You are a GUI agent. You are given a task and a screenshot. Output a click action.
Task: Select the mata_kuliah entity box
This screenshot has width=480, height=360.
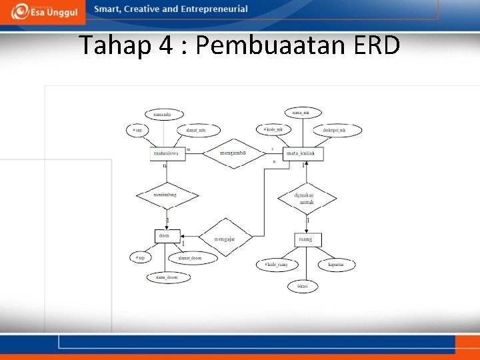click(x=303, y=154)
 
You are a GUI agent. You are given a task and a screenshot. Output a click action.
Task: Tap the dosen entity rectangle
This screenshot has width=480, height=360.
click(x=167, y=235)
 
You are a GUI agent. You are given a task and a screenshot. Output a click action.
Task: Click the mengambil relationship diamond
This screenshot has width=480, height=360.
click(x=233, y=153)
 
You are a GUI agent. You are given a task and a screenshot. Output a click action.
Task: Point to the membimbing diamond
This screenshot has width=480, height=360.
click(x=167, y=195)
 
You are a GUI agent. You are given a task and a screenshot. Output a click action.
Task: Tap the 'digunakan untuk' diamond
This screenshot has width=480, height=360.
click(x=307, y=198)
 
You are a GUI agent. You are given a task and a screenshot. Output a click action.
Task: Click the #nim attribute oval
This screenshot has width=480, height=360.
click(x=139, y=131)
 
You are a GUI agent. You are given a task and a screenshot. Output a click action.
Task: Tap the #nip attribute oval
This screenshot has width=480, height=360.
click(x=141, y=257)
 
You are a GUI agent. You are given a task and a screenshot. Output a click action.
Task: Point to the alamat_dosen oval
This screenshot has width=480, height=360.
click(x=189, y=257)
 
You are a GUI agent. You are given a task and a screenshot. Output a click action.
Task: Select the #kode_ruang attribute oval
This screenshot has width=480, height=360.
click(x=275, y=265)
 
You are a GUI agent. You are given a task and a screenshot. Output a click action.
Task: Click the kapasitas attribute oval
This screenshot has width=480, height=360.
click(x=337, y=265)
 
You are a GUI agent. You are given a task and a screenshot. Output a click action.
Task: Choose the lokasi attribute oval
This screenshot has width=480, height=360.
click(x=303, y=286)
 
